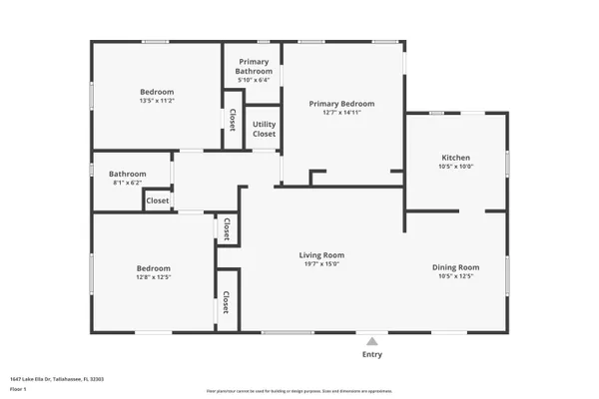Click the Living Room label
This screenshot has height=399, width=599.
click(x=321, y=254)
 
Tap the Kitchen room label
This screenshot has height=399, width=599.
click(x=456, y=158)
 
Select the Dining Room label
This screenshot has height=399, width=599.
click(x=455, y=266)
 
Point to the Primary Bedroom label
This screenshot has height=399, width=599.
click(x=341, y=104)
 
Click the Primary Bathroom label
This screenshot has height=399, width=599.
click(x=253, y=67)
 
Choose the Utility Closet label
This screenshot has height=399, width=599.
click(x=264, y=130)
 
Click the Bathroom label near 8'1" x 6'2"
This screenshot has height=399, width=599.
click(x=128, y=175)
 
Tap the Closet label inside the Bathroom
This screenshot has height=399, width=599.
click(x=158, y=200)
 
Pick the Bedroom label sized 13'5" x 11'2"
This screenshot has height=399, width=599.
click(x=157, y=92)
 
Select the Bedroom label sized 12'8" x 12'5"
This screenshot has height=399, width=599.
click(x=154, y=267)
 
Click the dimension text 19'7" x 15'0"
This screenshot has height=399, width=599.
click(x=321, y=264)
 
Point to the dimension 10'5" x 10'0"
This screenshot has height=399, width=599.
click(x=456, y=167)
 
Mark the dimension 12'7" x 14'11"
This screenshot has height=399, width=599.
click(x=341, y=113)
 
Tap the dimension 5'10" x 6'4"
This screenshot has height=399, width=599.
click(x=253, y=81)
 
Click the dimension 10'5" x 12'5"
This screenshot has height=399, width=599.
click(x=455, y=276)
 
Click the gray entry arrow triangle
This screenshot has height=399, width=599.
click(x=372, y=341)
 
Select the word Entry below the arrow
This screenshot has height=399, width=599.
click(x=372, y=354)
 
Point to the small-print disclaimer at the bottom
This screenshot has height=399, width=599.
click(x=299, y=392)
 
